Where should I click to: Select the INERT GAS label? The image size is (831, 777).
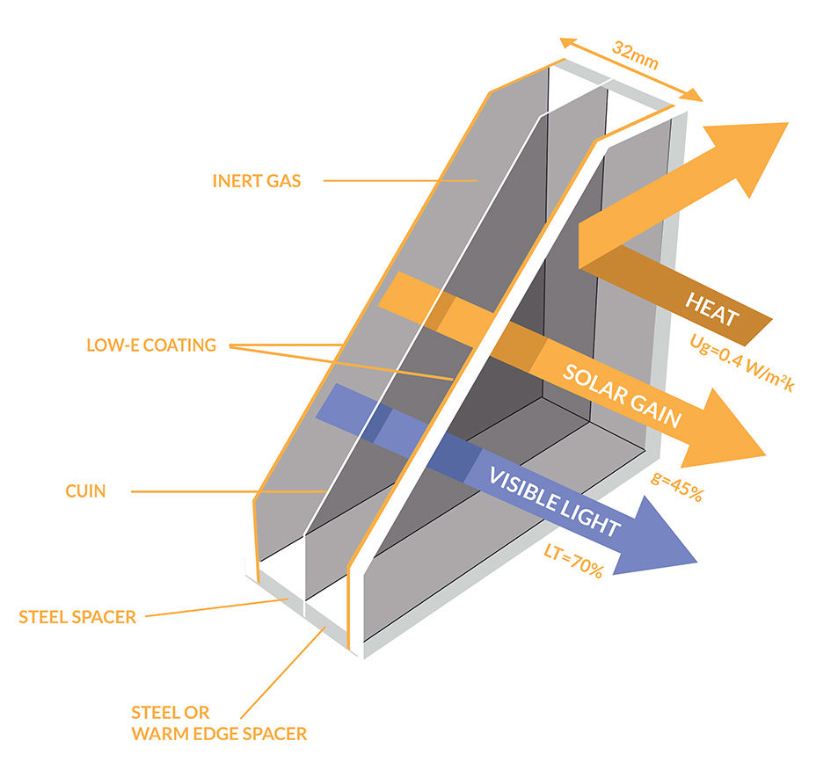pos(256,181)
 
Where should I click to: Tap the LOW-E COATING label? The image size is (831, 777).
pos(151,345)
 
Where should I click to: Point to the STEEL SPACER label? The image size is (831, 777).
pos(77,617)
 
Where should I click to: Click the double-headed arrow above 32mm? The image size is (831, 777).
pos(631,69)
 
